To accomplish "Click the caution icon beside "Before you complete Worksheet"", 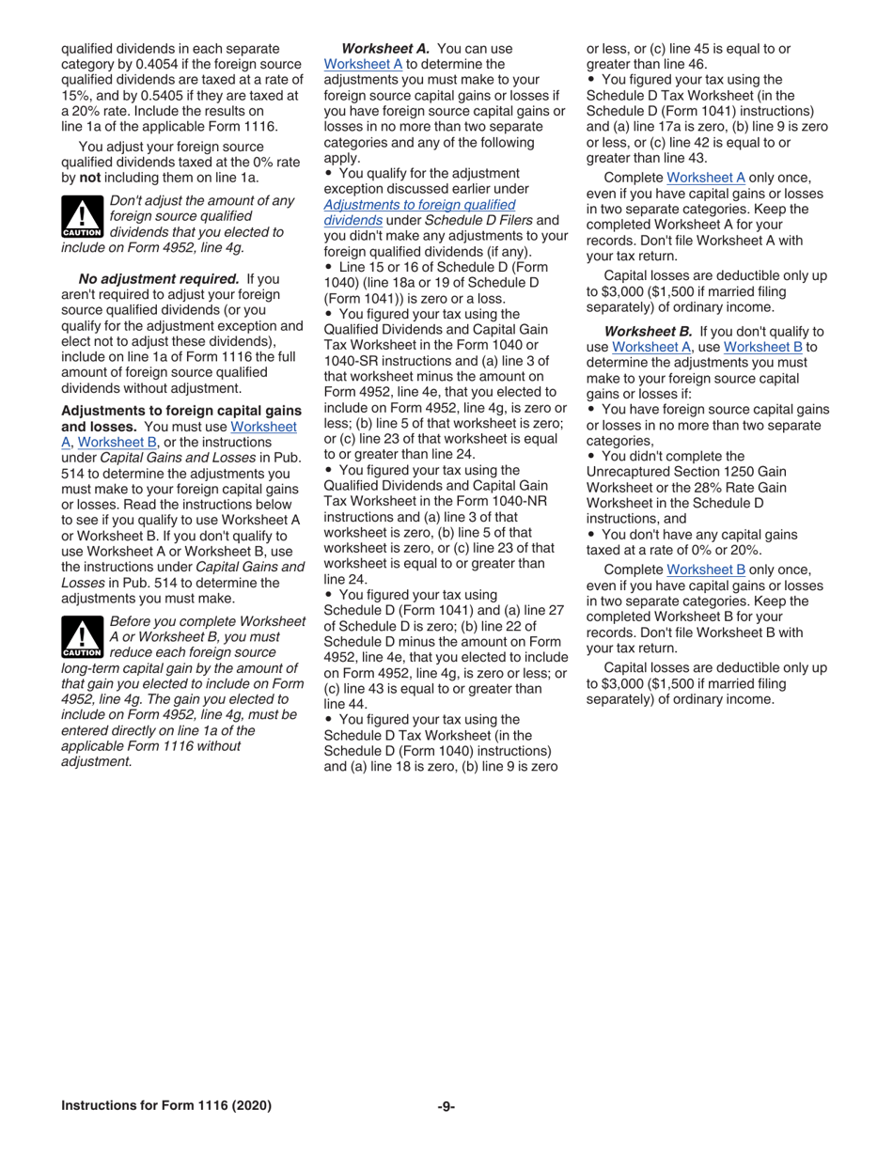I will coord(82,637).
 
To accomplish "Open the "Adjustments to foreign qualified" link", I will coord(419,204).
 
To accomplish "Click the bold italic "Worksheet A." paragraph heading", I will coord(386,48).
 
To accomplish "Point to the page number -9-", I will coord(446,1106).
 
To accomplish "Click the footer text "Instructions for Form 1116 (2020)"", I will coord(166,1106).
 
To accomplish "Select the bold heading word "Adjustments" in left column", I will coord(100,411).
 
